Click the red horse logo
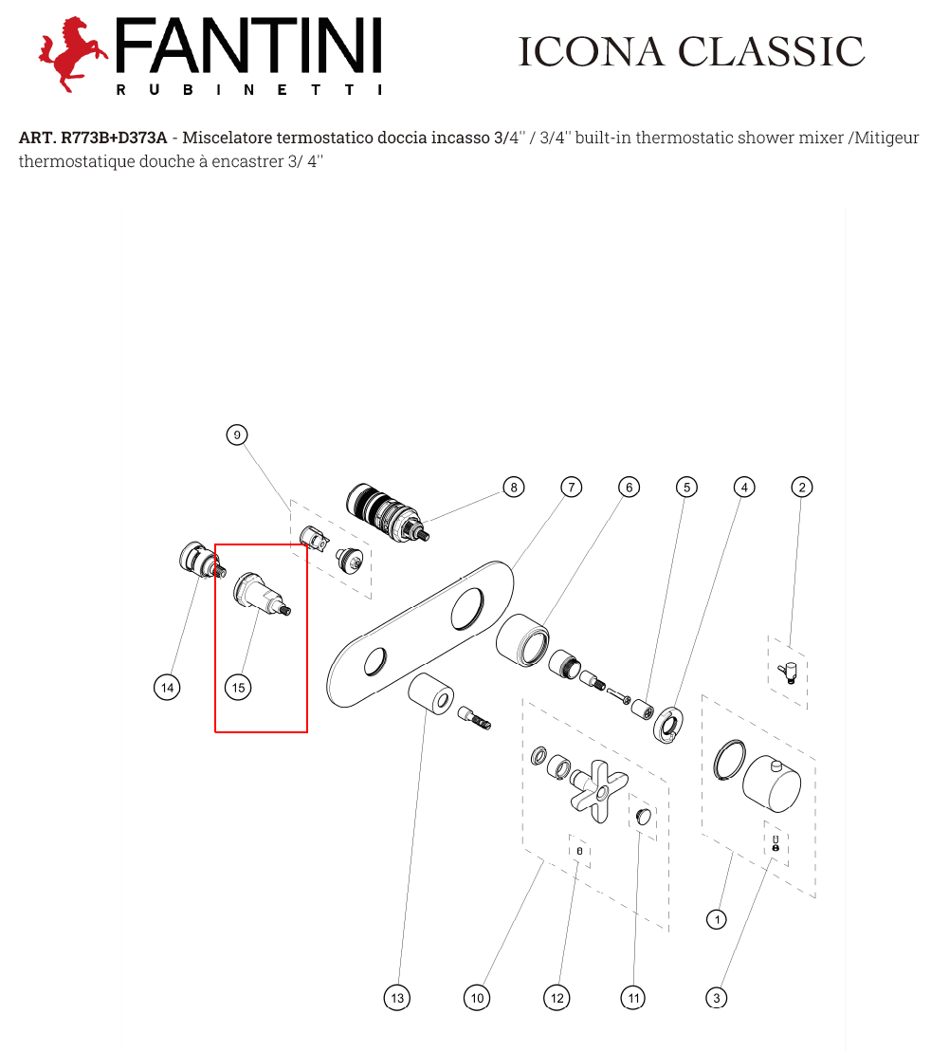click(x=72, y=54)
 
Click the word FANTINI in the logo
click(x=248, y=46)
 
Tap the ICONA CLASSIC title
click(x=691, y=51)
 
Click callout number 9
click(x=236, y=435)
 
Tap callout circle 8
click(x=514, y=488)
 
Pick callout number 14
click(x=167, y=688)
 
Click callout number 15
click(x=238, y=688)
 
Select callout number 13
click(x=397, y=998)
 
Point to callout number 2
click(x=802, y=488)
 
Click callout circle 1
click(x=717, y=919)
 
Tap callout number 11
click(x=633, y=998)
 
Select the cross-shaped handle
click(x=599, y=791)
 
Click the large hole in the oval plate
click(x=466, y=609)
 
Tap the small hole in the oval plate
click(x=375, y=661)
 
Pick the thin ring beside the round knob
click(x=729, y=760)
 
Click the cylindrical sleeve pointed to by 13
click(x=431, y=694)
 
